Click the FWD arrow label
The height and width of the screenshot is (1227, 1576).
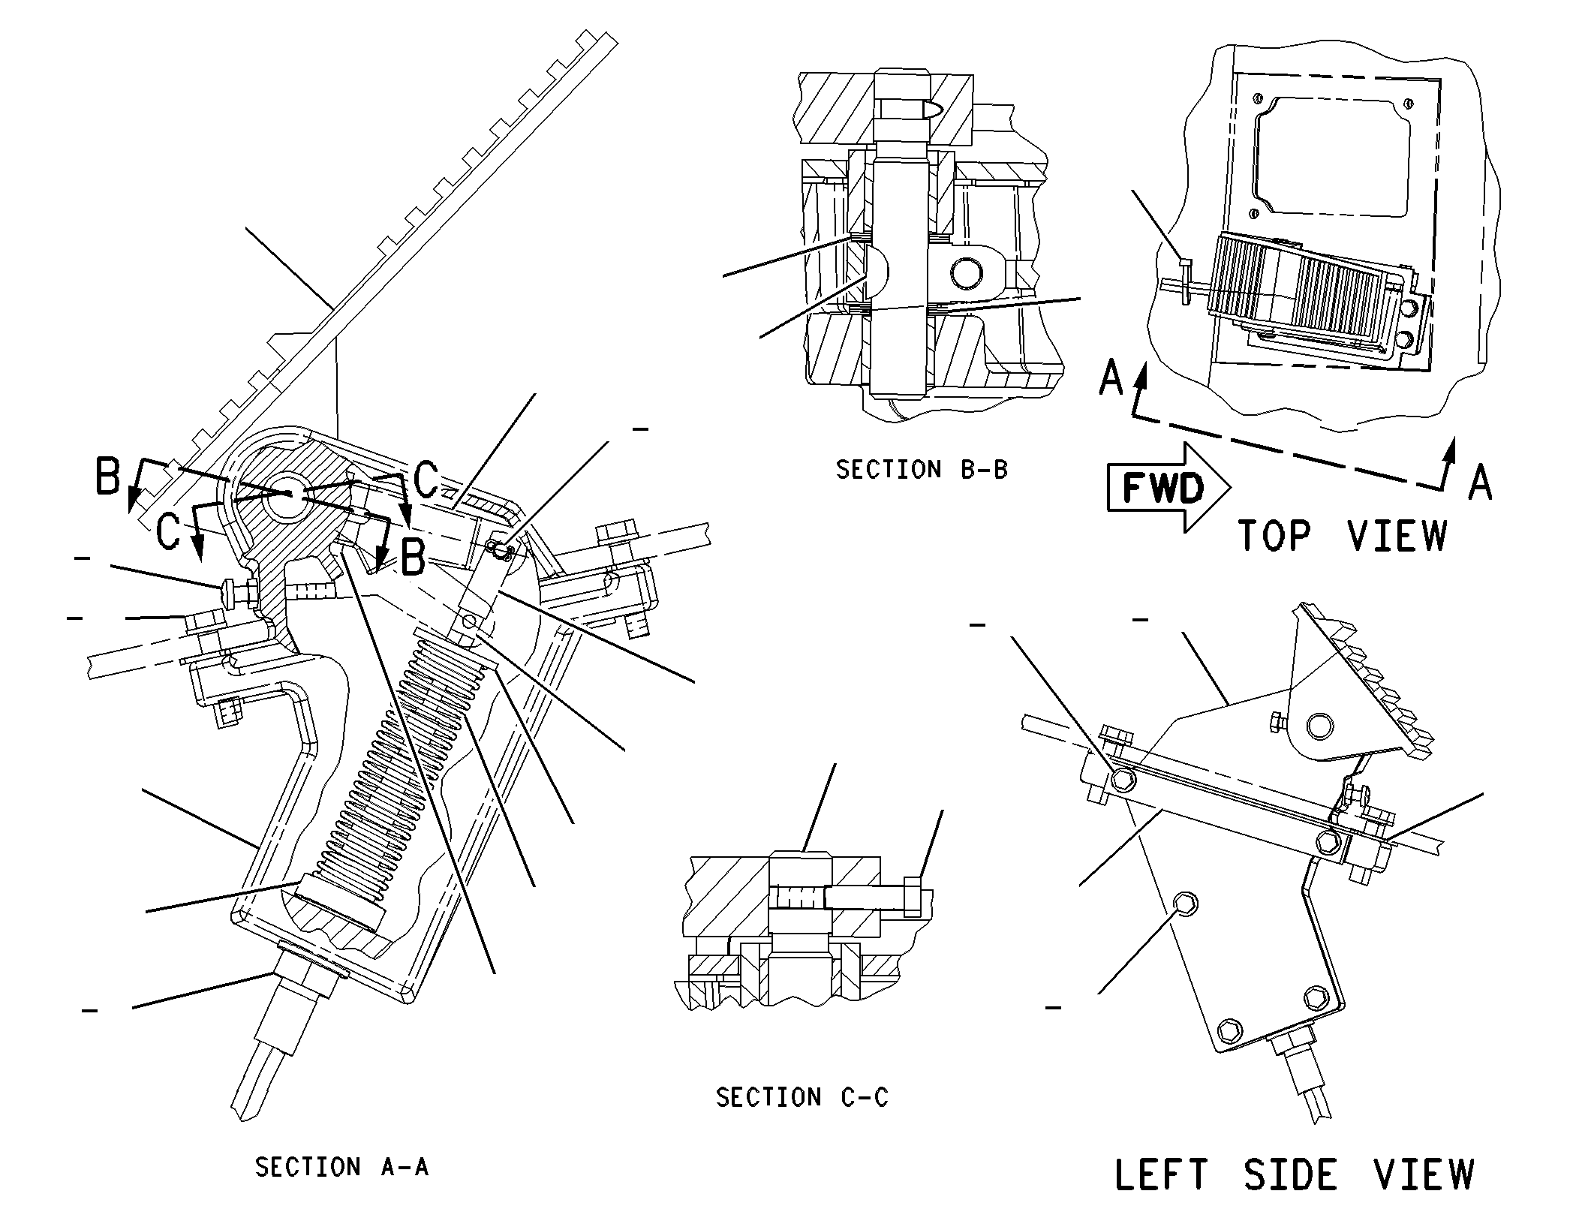click(x=1169, y=488)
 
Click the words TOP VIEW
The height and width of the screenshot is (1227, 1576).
click(x=1343, y=536)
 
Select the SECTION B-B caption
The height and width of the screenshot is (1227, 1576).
click(x=922, y=470)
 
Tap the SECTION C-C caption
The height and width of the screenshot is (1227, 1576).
click(x=802, y=1098)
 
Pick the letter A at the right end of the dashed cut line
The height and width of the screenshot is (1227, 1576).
click(x=1480, y=482)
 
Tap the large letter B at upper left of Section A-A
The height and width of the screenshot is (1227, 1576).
click(x=108, y=476)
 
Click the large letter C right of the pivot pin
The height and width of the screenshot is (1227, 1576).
click(x=426, y=480)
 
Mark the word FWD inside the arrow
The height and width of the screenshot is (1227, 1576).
click(x=1162, y=488)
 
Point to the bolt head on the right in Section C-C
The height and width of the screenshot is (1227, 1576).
click(x=913, y=896)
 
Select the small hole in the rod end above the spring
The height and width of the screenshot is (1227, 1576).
click(x=471, y=622)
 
